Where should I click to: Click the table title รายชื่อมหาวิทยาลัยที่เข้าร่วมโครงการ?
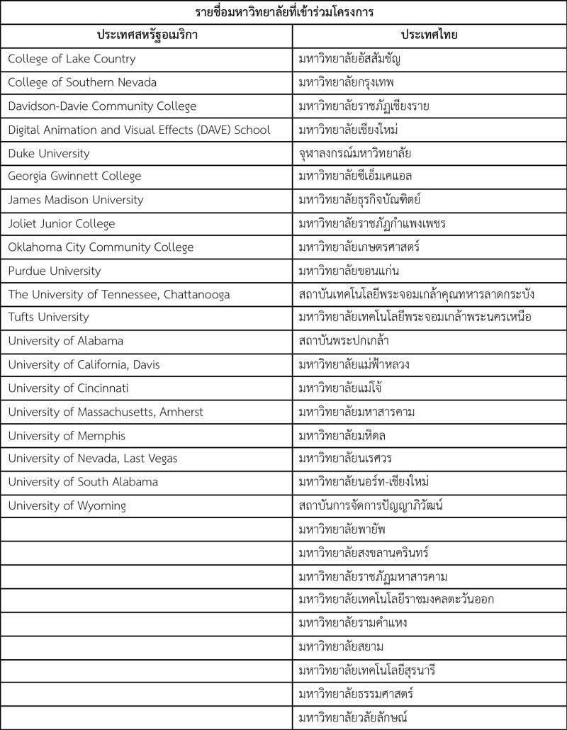pos(283,12)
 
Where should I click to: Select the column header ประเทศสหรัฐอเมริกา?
pos(147,35)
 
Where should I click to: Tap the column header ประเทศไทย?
pos(430,35)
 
